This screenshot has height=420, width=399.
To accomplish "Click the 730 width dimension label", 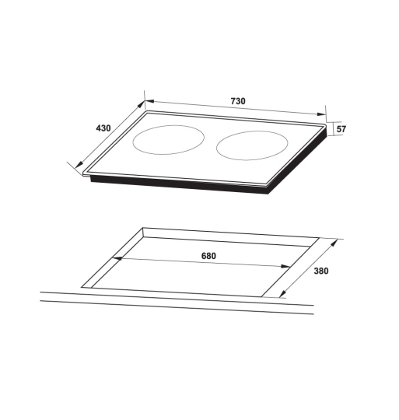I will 238,102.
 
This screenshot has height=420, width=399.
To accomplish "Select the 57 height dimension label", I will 341,129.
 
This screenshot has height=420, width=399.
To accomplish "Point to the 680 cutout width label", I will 208,256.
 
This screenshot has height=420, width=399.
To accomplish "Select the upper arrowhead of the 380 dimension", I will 336,241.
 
